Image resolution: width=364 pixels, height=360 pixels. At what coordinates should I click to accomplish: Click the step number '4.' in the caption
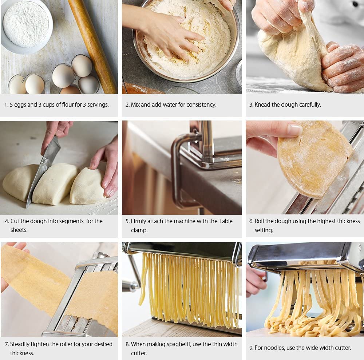point(7,221)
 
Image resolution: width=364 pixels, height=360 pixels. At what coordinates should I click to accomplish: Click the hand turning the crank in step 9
point(255,280)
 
